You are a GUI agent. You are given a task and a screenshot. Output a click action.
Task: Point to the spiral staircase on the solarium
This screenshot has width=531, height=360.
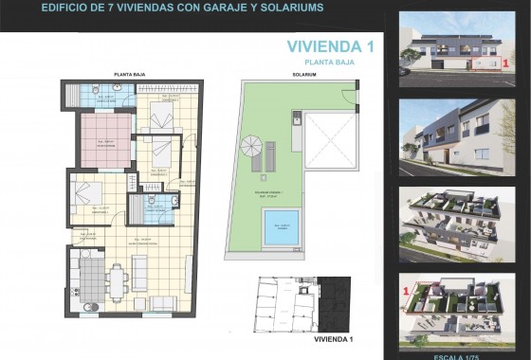pos(251,148)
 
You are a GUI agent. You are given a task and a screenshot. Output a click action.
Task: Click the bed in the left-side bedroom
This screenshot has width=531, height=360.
pos(82,197)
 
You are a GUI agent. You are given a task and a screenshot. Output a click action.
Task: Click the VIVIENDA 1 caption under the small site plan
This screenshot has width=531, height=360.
pos(333,338)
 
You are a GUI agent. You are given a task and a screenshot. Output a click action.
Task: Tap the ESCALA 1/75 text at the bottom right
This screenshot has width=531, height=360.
pos(462,355)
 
